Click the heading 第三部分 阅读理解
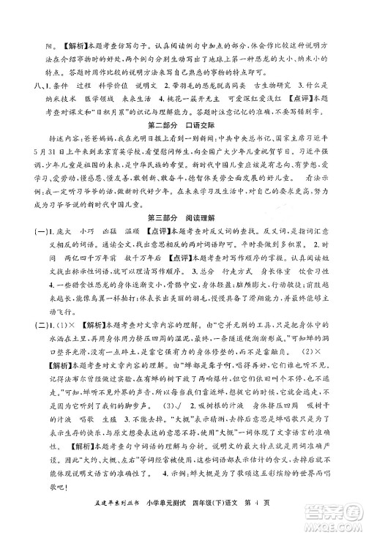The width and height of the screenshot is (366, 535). point(182,236)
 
